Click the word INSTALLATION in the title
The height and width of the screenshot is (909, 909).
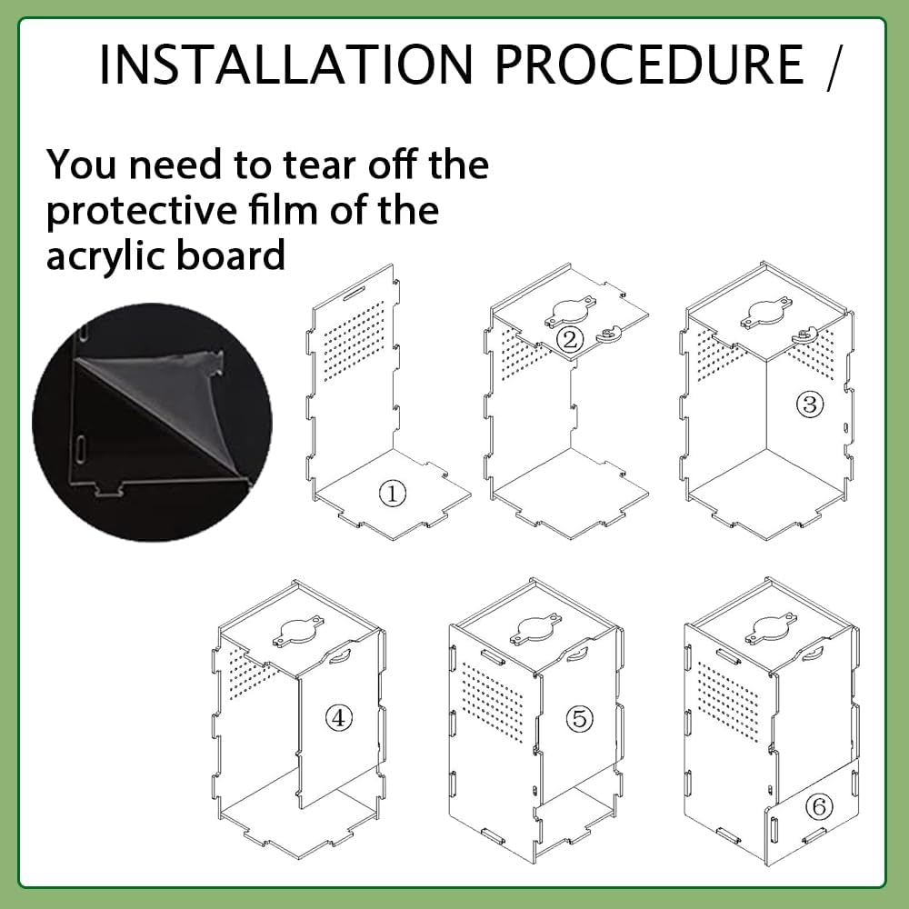(286, 64)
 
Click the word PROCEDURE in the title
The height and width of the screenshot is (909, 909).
(649, 64)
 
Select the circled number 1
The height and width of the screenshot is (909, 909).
(393, 494)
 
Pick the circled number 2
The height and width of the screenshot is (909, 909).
(570, 339)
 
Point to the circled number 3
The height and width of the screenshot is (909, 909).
(810, 404)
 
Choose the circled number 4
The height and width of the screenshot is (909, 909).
(339, 718)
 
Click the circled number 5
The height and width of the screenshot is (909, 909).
(580, 718)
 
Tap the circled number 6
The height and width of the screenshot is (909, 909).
(820, 806)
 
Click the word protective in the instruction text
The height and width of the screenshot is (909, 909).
(142, 211)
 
